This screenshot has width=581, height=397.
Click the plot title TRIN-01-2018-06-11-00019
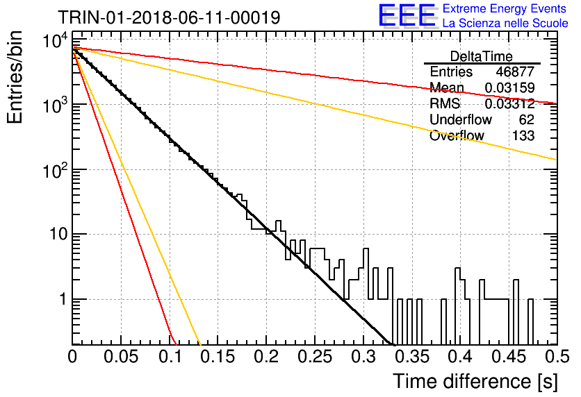coord(169,17)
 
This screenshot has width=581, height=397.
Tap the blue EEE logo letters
coord(407,15)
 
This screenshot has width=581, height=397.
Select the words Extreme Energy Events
coord(505,8)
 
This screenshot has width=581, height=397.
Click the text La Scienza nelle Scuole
coord(505,24)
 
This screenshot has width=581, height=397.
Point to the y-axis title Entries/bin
coord(15,77)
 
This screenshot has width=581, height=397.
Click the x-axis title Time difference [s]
coord(475,381)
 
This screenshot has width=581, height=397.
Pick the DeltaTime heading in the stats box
coord(482,56)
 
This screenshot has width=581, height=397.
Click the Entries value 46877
coord(516,71)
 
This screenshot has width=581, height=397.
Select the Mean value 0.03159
coord(510,87)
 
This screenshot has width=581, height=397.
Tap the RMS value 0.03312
coord(510,103)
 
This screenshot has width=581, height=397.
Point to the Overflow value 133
coord(523,135)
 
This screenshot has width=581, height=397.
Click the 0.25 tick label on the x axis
coord(315,357)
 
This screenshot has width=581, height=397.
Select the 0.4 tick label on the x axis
coord(460,357)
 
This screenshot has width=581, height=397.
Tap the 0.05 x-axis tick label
coord(120,357)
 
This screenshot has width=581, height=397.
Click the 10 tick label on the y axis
coord(58,234)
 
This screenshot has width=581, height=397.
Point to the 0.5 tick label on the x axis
coord(557,357)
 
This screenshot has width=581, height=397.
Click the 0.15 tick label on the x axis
coord(218,357)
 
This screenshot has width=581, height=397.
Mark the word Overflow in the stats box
coord(457,135)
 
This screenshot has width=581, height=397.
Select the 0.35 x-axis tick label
coord(411,357)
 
